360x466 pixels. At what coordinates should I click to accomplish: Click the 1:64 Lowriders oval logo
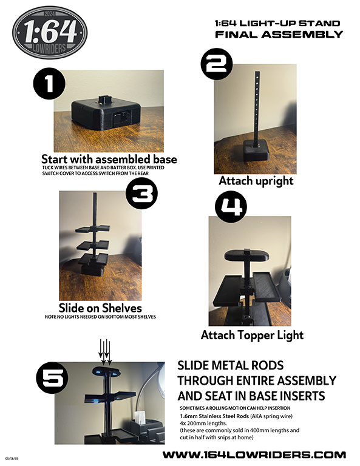50,32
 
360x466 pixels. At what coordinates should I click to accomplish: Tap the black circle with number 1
49,83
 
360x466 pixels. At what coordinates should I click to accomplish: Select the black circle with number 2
217,64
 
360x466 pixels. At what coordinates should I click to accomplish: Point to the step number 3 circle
142,193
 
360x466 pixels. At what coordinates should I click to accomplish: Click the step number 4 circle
231,207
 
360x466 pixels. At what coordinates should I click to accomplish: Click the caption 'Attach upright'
256,181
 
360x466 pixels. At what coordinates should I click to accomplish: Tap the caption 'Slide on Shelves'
100,308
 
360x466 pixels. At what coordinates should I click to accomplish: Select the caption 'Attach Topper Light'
253,335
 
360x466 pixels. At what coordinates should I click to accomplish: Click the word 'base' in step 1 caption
165,160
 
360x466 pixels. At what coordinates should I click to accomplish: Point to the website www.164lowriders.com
254,454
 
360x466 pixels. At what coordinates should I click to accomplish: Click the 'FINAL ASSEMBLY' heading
279,35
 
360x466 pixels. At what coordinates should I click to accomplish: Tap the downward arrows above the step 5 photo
105,352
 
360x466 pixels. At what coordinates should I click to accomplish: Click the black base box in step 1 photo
106,112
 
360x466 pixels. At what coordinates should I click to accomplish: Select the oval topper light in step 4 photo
246,255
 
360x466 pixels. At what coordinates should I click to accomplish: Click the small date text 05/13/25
12,459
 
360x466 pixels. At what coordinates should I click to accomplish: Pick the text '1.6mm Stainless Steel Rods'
214,416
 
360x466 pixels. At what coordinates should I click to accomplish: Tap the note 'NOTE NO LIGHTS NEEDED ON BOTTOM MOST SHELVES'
100,317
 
